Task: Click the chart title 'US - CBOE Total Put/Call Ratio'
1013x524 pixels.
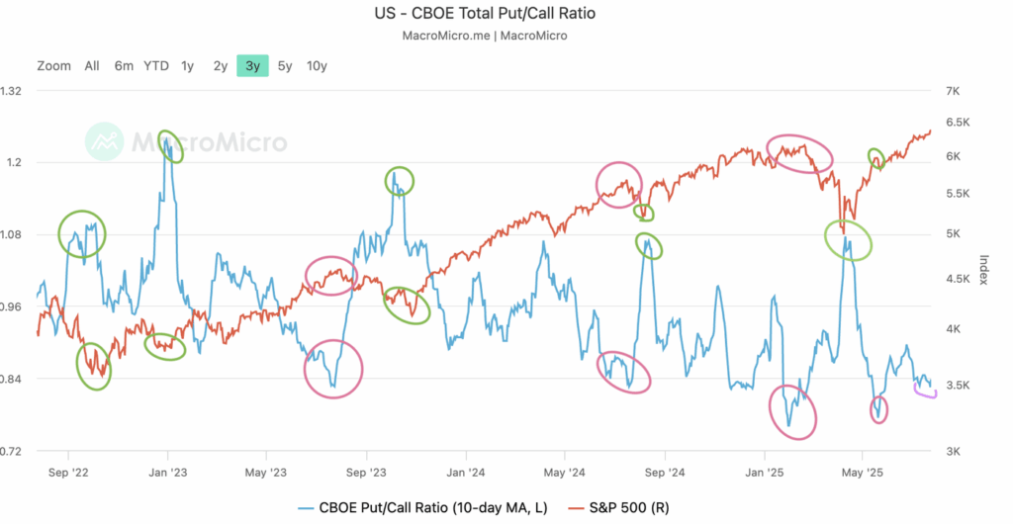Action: pos(485,13)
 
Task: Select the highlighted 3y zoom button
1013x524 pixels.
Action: pos(252,66)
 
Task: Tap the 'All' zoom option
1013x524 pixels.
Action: pos(92,66)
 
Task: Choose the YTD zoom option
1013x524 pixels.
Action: pos(156,66)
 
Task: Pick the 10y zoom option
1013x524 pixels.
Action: pos(317,66)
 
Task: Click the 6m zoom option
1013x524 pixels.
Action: pos(124,66)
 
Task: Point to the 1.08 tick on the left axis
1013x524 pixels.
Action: pos(11,234)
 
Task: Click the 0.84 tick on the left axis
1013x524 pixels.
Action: pos(11,379)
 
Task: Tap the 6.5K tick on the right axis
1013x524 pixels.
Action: pos(957,123)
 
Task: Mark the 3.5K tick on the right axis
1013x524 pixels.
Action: pos(957,386)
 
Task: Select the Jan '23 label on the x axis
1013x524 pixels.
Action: pos(168,473)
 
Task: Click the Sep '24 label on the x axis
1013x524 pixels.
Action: pos(664,473)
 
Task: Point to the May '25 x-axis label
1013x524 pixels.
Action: pos(862,473)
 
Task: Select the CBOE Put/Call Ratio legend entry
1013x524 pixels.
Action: pos(423,508)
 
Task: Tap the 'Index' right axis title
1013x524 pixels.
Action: pos(983,270)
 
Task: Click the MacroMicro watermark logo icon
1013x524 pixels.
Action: pos(105,141)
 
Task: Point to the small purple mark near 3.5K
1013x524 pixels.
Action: pos(926,392)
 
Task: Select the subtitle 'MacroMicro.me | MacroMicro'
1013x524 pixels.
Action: pos(485,36)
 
